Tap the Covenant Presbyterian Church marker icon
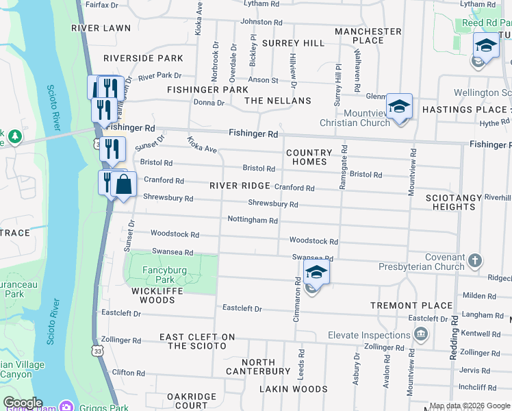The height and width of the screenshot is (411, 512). click(x=476, y=261)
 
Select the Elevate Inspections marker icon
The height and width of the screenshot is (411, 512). click(x=421, y=336)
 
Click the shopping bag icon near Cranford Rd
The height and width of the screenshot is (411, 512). click(x=124, y=185)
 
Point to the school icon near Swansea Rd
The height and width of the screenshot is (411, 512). click(x=316, y=273)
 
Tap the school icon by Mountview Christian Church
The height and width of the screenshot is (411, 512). click(x=399, y=107)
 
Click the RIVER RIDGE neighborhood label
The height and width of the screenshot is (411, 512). click(x=239, y=186)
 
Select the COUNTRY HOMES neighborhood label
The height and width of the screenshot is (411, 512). click(x=309, y=158)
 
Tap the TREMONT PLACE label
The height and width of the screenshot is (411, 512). click(x=411, y=306)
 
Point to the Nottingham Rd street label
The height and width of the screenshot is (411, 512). click(x=253, y=221)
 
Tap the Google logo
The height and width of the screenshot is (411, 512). click(x=23, y=403)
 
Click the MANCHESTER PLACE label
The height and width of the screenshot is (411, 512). click(x=368, y=36)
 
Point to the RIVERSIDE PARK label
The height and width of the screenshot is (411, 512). click(x=144, y=58)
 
